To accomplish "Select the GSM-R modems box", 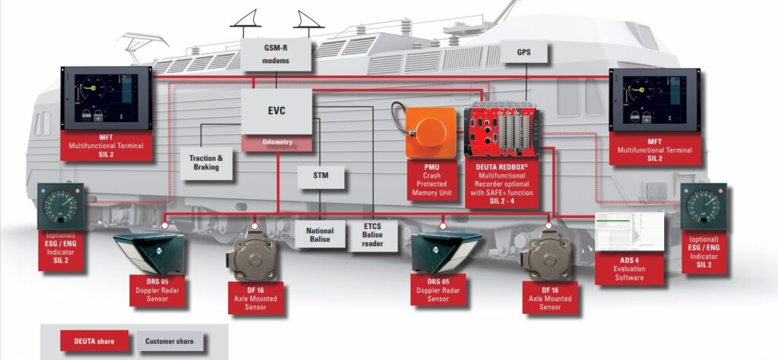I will coord(277,55).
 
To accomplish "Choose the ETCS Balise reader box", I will coord(368,235).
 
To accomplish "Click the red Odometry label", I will coord(276,142).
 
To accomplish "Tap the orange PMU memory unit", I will coord(430,132).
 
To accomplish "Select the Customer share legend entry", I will coord(169,341).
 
